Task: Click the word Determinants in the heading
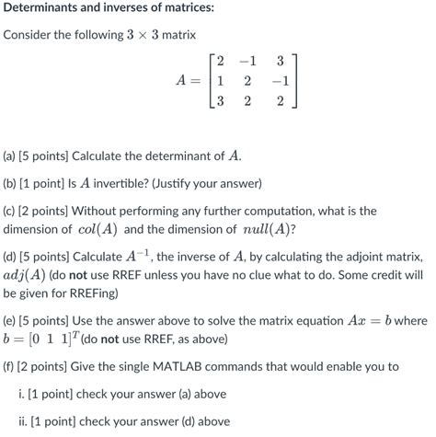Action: tap(47, 9)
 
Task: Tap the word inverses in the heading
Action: tap(145, 9)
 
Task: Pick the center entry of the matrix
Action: tap(246, 81)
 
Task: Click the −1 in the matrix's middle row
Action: tap(277, 81)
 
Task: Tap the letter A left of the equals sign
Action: tap(181, 81)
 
